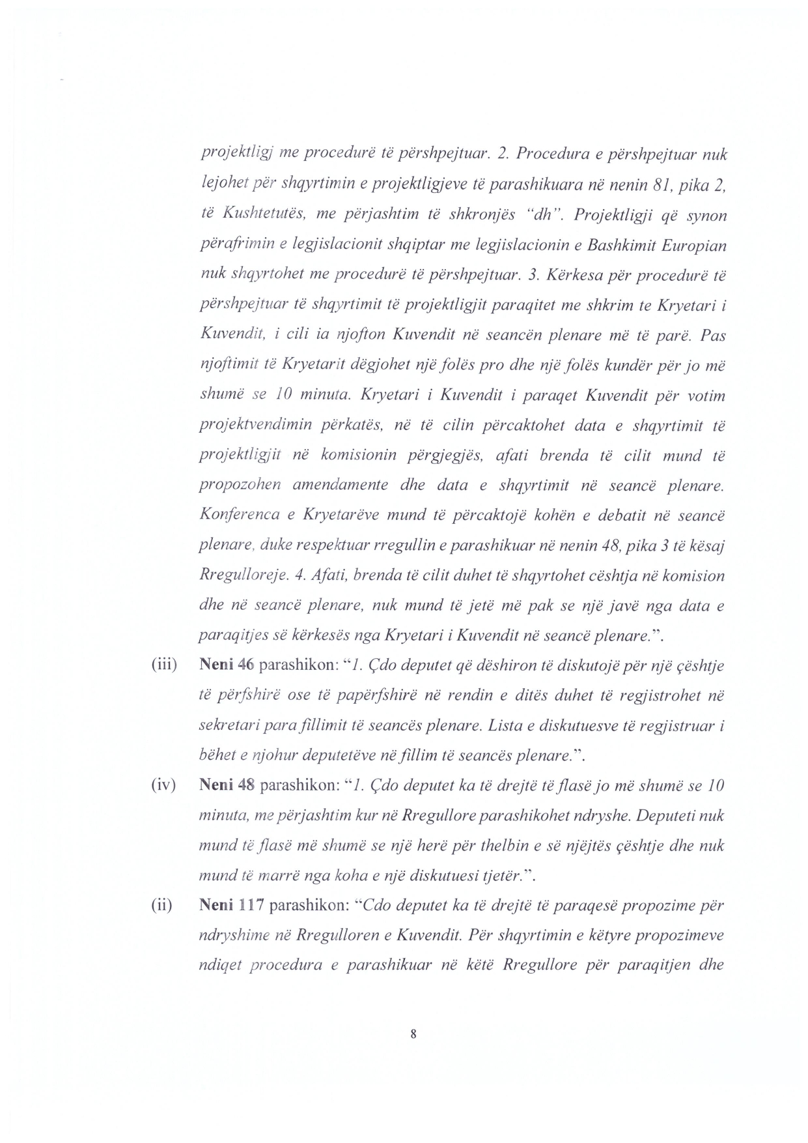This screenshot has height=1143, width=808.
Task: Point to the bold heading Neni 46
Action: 226,666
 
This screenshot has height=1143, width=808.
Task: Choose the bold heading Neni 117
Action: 230,906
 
